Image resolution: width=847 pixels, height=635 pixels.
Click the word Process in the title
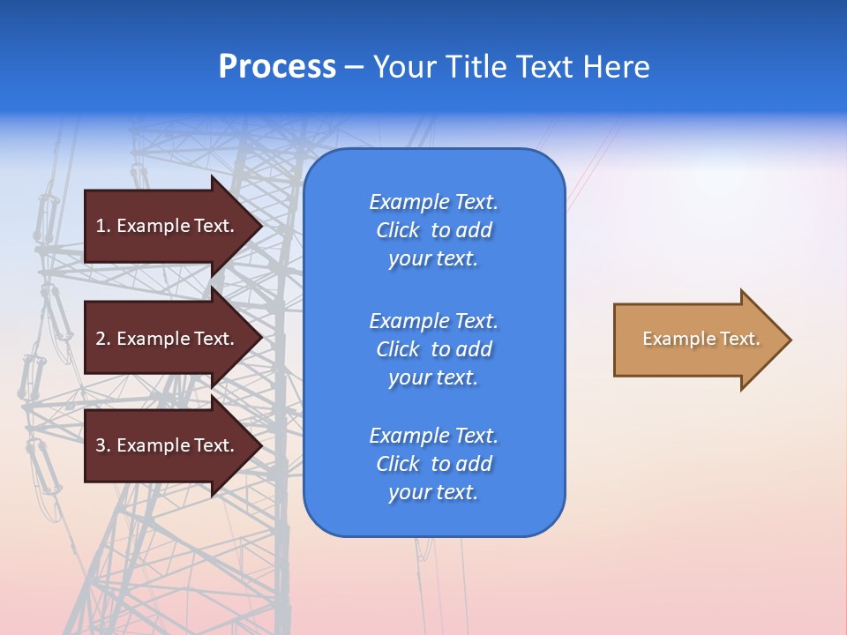tap(277, 67)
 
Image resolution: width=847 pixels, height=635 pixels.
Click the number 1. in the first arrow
tap(102, 226)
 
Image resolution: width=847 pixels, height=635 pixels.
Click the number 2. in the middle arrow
tap(102, 339)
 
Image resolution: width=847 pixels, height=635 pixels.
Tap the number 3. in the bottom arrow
tap(102, 445)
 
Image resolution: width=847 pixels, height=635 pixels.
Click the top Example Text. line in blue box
tap(433, 202)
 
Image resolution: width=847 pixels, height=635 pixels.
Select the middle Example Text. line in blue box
tap(433, 320)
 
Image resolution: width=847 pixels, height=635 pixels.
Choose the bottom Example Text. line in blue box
tap(433, 436)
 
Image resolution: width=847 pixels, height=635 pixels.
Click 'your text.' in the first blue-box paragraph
tap(433, 258)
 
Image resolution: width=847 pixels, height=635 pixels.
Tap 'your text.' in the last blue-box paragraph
tap(433, 492)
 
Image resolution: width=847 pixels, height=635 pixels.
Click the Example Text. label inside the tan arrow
tap(701, 339)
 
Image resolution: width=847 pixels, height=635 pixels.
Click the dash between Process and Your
tap(354, 68)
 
